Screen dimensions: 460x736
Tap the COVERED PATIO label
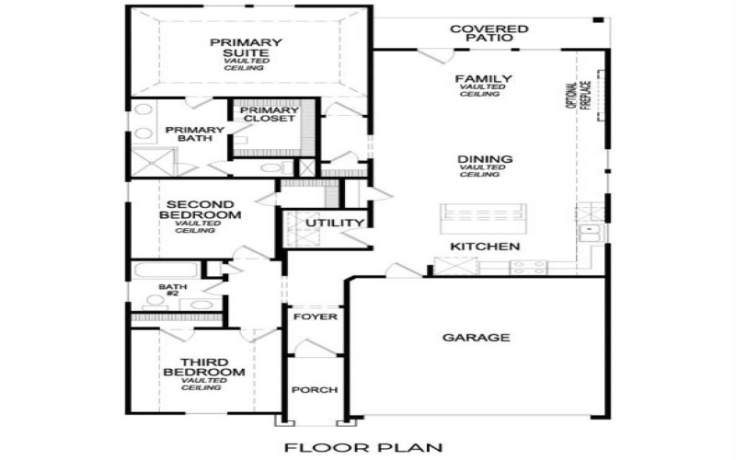click(489, 34)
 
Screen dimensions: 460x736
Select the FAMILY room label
click(484, 80)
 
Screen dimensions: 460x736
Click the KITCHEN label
click(485, 247)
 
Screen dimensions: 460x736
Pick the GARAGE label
click(476, 338)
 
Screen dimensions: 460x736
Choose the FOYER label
click(314, 317)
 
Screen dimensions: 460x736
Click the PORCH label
click(314, 390)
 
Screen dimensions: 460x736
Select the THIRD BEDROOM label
click(203, 367)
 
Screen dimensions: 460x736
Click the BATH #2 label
click(172, 292)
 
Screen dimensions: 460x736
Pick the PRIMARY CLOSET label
click(268, 115)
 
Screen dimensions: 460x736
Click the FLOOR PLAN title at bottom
click(363, 448)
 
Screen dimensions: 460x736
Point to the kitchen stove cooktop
click(528, 267)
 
